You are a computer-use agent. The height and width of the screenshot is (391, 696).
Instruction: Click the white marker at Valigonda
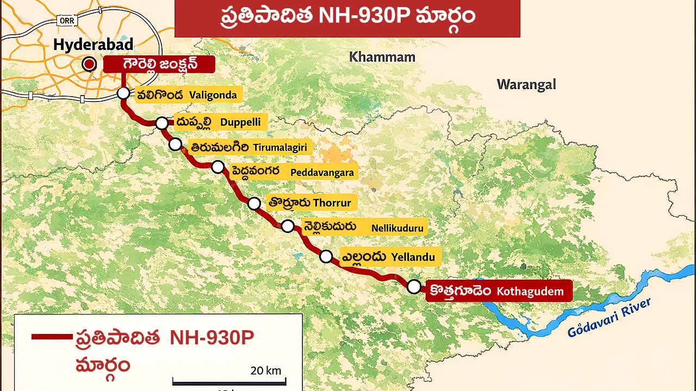[x=123, y=93]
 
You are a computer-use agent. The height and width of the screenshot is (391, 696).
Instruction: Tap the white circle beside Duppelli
[x=161, y=123]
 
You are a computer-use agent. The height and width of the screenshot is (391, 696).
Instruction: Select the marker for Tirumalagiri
[x=175, y=144]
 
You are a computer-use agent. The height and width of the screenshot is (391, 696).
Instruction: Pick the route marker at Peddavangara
[x=217, y=167]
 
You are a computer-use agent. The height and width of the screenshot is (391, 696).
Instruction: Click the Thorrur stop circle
[x=254, y=204]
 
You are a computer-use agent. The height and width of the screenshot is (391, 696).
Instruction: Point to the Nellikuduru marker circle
[x=288, y=226]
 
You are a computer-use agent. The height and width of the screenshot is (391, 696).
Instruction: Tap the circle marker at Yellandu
[x=326, y=256]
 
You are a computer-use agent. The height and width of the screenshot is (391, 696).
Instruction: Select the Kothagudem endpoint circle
[x=414, y=286]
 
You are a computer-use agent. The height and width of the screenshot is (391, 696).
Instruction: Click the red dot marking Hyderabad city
[x=89, y=65]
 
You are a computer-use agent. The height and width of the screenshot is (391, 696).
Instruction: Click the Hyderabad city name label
[x=93, y=45]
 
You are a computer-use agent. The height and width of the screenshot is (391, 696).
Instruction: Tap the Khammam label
[x=382, y=57]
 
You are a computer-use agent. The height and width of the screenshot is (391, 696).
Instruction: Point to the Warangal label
[x=526, y=85]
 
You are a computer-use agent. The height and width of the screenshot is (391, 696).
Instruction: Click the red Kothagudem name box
[x=498, y=291]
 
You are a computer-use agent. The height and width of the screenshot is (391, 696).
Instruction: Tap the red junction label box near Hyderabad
[x=159, y=65]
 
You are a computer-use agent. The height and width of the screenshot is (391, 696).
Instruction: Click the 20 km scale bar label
[x=266, y=371]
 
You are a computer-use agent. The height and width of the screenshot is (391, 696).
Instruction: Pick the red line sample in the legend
[x=52, y=337]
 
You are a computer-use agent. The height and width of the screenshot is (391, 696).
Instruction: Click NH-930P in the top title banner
[x=362, y=16]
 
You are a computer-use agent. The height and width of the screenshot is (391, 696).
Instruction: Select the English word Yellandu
[x=413, y=257]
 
